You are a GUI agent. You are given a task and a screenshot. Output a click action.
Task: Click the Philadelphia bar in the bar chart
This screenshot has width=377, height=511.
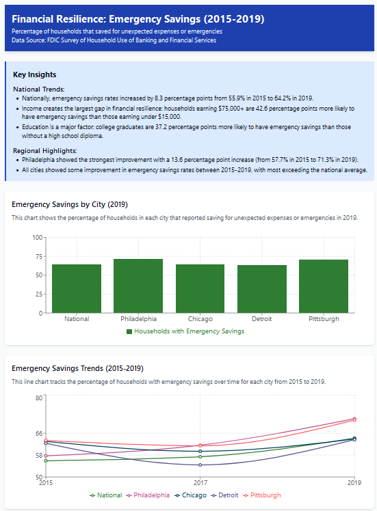(x=138, y=286)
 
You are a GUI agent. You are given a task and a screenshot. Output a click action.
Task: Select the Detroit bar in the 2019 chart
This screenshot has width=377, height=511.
(x=262, y=289)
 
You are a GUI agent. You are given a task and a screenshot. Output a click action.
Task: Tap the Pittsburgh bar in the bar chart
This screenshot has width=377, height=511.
(x=324, y=286)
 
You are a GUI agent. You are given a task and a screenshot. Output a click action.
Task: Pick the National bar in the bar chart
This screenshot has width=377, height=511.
(x=77, y=288)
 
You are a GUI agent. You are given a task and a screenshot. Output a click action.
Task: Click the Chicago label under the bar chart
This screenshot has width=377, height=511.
(x=200, y=319)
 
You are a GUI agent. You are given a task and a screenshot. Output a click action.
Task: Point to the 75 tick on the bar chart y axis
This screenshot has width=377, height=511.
(x=39, y=256)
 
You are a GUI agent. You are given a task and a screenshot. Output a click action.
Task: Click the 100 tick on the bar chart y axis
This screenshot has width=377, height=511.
(x=38, y=237)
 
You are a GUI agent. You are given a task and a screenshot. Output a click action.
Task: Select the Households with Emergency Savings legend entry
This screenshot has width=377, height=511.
(x=185, y=331)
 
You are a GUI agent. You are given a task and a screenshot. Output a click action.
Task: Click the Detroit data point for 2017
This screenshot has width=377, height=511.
(x=200, y=465)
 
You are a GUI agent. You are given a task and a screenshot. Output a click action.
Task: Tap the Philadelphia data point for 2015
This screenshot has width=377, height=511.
(x=46, y=456)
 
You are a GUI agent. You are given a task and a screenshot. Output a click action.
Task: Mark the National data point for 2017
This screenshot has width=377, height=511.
(x=200, y=456)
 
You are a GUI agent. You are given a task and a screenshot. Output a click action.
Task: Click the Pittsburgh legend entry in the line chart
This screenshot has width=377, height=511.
(x=262, y=495)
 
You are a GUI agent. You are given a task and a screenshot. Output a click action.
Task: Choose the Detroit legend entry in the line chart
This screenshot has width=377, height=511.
(x=225, y=495)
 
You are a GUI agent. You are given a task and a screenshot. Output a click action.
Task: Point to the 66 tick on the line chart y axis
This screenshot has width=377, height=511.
(x=39, y=433)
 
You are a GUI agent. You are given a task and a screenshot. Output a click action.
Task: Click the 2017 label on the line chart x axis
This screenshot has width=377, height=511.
(x=200, y=482)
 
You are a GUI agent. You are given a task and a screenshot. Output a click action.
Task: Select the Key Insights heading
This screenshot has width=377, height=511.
(x=35, y=74)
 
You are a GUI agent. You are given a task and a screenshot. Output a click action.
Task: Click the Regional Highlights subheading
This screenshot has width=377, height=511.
(x=45, y=151)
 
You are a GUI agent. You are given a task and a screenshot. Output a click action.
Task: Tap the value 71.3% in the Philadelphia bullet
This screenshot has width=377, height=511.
(x=326, y=160)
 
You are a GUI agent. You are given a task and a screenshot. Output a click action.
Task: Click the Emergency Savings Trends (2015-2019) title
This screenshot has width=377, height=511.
(x=78, y=368)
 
